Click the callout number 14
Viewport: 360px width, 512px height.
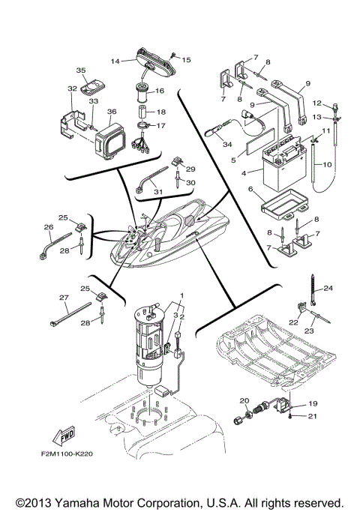115,60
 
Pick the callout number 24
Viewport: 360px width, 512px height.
328,287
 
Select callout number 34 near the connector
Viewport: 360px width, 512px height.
229,143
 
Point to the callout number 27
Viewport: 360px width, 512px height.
63,298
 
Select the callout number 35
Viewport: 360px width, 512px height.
81,70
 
